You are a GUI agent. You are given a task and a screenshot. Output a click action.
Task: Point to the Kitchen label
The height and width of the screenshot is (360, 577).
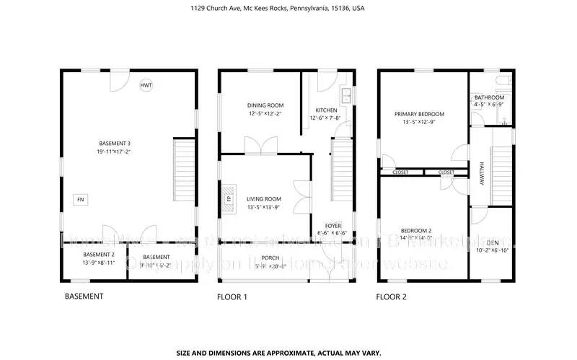point(324,110)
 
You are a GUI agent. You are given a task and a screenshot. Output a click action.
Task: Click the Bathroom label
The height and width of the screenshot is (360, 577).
point(488,97)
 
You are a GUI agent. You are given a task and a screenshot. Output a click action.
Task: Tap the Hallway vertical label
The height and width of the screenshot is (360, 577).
point(480,173)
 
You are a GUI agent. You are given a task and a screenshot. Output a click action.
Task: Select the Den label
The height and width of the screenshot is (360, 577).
point(492,242)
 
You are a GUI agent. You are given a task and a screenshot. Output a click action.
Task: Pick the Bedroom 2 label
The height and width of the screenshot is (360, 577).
point(418,229)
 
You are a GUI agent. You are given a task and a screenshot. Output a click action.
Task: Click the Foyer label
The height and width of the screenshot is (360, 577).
point(332,225)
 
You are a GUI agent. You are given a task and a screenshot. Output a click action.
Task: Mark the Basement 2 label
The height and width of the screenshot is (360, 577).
point(98,255)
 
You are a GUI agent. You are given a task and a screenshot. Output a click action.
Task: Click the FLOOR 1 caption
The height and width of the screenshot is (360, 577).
point(232,297)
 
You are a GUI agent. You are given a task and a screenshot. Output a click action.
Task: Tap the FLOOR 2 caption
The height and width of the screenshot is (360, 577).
point(392,297)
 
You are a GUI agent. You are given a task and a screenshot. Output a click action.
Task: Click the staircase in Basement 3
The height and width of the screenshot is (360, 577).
point(183,172)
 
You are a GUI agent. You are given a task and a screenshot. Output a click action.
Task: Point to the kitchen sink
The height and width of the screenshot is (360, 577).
point(345,96)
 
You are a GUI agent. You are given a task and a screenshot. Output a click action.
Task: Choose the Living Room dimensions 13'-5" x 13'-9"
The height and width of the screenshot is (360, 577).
point(264,207)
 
